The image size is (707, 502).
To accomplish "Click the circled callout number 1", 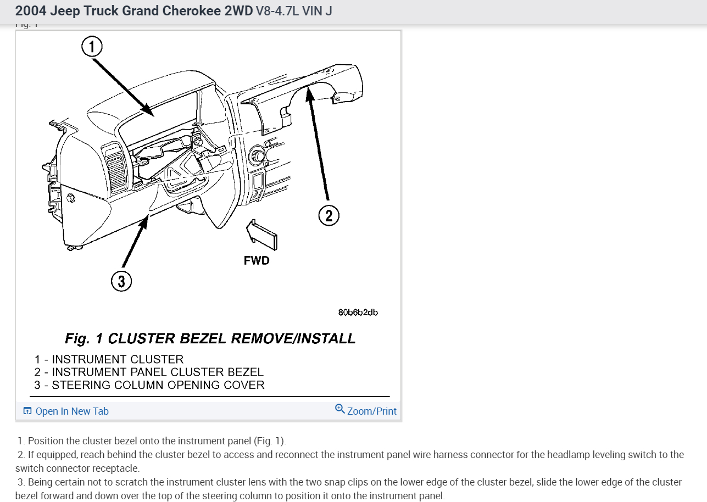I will coord(92,47).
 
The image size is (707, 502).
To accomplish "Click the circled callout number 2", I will coord(329,215).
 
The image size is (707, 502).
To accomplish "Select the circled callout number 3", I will coord(121,281).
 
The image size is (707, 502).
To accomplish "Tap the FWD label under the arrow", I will coord(257,260).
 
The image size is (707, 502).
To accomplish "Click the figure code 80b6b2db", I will coord(358,312).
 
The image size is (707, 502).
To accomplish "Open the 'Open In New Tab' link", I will coord(72,411).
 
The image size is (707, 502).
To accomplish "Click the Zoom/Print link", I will coord(371,411).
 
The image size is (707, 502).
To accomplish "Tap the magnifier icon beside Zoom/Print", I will coord(340,409).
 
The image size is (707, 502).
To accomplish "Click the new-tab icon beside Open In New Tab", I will coord(27,411).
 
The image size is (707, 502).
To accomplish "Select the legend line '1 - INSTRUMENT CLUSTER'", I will coord(109,359).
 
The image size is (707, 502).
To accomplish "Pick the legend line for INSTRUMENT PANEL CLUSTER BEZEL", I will coord(149,372).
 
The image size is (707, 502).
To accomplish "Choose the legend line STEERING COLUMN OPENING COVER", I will coord(149,385).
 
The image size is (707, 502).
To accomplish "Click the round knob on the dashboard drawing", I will coord(256,155).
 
